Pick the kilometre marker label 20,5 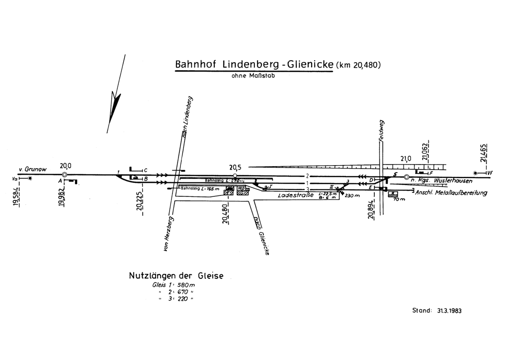[x=235, y=168]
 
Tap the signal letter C [x=145, y=170]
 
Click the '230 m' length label [x=351, y=196]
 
